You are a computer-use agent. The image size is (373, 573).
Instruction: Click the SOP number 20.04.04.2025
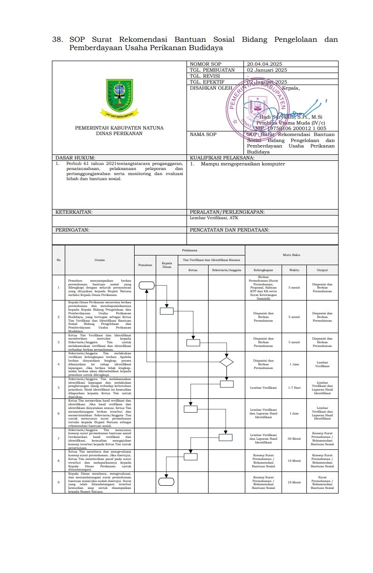click(x=264, y=64)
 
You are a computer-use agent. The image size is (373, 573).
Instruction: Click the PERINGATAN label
click(x=72, y=230)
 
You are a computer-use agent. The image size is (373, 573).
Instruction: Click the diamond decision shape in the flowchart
click(x=226, y=362)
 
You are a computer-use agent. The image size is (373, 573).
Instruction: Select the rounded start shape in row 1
click(x=147, y=285)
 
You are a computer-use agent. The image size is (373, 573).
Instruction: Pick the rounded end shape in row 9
click(x=166, y=482)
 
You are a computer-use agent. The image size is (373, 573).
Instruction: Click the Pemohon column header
click(x=145, y=265)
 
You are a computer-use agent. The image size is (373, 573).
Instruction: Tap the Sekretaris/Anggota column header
click(x=226, y=270)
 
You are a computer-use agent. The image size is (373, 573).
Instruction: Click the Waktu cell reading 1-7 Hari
click(x=294, y=387)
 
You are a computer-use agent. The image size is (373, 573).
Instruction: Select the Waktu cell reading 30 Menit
click(x=294, y=438)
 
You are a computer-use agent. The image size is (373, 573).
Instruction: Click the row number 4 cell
click(x=58, y=364)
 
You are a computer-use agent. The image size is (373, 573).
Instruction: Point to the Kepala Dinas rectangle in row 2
click(x=167, y=311)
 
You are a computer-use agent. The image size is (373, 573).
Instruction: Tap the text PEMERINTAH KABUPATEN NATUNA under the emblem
click(x=119, y=128)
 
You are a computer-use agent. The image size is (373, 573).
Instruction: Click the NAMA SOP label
click(x=203, y=135)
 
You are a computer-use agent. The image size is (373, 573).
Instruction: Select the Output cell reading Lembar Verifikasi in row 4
click(x=322, y=364)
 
